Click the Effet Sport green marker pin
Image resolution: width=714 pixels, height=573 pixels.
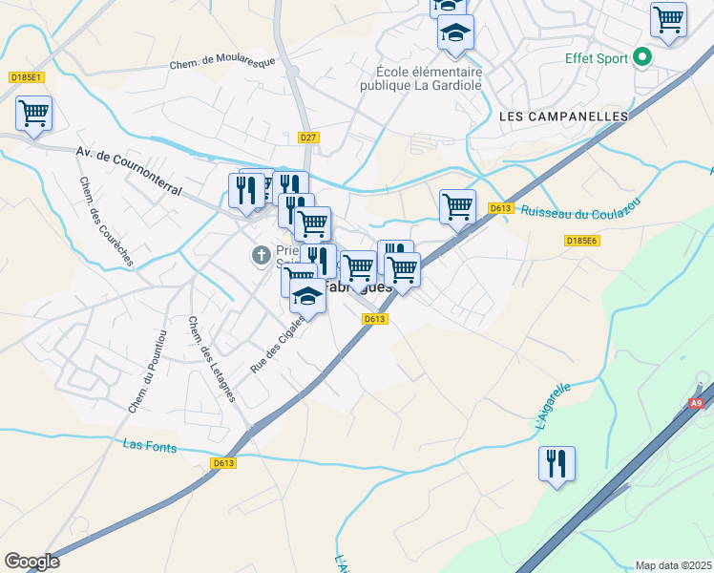coord(642,58)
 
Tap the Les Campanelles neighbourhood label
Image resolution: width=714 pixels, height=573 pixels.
coord(564,116)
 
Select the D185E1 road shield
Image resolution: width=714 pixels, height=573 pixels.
coord(27,77)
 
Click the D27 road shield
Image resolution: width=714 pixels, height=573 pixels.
coord(307,138)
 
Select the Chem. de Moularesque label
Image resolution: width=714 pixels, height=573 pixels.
coord(221,62)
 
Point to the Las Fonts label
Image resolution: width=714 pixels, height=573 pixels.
coord(150,445)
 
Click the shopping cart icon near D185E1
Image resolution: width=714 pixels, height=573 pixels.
coord(33,114)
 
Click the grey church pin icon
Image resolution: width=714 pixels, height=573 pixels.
coord(260,255)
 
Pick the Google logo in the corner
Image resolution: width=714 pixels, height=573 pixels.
coord(31,562)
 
